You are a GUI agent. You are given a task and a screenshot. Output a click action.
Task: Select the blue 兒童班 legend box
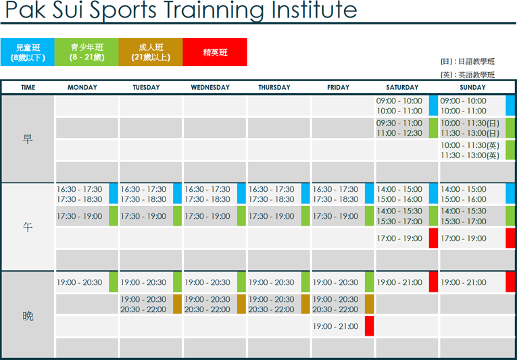pos(27,52)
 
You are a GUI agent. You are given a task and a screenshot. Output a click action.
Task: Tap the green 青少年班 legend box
pos(87,52)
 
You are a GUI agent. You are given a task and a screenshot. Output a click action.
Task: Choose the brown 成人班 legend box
pos(151,52)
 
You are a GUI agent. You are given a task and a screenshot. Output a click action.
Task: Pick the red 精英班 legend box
pos(215,52)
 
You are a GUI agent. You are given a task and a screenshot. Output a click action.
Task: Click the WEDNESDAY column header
pos(210,87)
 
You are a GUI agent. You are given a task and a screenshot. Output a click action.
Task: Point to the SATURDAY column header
pos(402,87)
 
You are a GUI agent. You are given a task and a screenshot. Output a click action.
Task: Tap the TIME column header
pos(28,87)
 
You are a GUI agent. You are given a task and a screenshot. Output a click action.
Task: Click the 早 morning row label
pos(28,139)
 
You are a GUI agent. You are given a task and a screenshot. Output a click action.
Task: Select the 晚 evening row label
pos(28,316)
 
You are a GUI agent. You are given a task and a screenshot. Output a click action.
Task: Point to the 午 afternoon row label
pos(28,227)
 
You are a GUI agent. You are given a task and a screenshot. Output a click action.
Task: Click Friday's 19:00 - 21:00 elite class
pos(335,326)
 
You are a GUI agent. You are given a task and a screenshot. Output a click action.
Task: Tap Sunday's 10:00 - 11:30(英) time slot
pos(470,145)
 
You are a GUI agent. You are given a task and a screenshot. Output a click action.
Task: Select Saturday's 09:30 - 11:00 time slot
pos(399,124)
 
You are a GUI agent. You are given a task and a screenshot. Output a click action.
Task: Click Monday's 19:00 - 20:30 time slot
pos(80,282)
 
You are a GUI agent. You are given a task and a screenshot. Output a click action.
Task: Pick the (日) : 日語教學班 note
pos(468,61)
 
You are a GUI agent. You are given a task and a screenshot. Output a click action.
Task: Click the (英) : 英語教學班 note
pos(468,75)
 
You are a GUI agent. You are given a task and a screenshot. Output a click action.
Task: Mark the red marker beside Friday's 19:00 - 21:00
pos(369,326)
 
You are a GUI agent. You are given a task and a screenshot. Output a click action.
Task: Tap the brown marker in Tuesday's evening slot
pos(177,304)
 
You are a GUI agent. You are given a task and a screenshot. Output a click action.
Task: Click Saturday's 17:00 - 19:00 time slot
pos(399,238)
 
